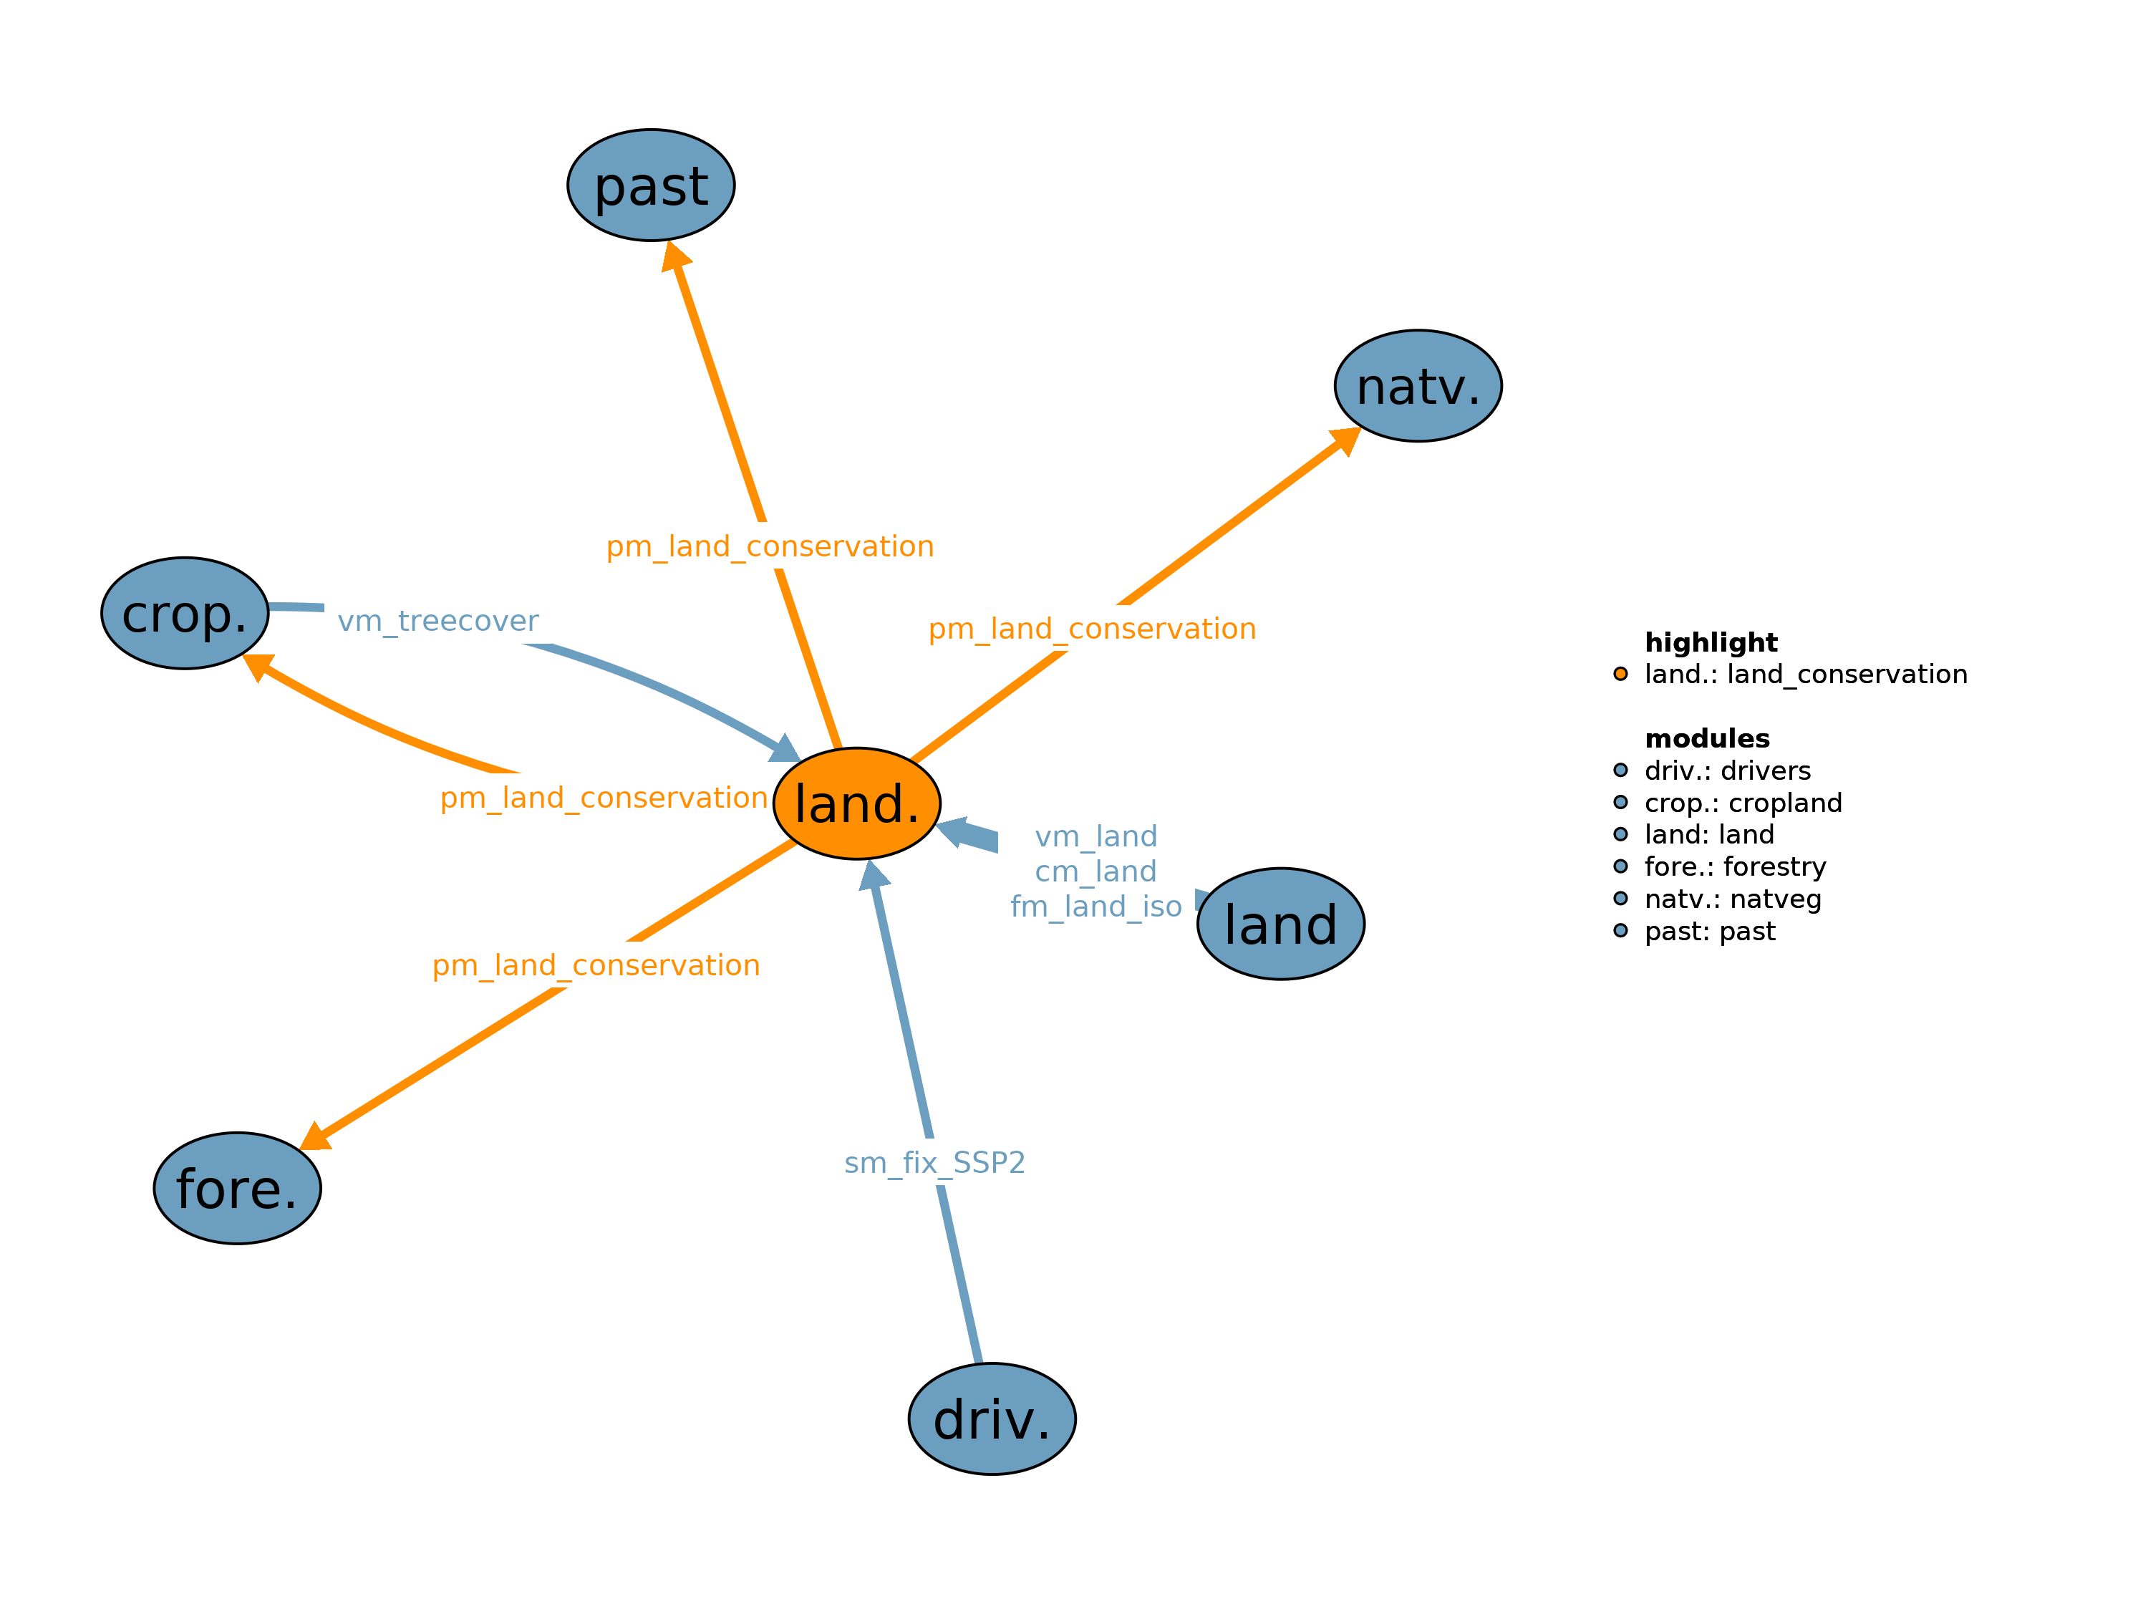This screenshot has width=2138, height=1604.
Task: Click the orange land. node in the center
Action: [856, 803]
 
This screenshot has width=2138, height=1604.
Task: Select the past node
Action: [650, 185]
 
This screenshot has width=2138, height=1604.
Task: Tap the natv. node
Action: [1418, 386]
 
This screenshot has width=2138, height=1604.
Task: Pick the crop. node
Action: [185, 613]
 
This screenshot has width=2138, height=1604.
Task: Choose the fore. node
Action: [237, 1188]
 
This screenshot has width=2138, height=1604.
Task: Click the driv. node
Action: [992, 1419]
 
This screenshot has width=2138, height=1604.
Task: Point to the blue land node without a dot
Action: [1281, 924]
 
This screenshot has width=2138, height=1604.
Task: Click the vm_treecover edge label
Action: [438, 621]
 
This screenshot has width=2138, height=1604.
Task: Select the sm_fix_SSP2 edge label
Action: [934, 1162]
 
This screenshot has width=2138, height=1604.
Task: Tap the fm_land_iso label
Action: [1096, 907]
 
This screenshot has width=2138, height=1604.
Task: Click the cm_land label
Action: [1096, 871]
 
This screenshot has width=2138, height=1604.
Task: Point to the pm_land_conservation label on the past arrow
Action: [770, 546]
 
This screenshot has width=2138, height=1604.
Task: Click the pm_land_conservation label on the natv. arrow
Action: [1092, 629]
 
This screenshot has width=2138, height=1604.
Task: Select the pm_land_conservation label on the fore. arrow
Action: [596, 965]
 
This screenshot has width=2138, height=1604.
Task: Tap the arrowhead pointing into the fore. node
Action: [315, 1137]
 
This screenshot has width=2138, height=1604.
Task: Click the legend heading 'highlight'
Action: [1711, 643]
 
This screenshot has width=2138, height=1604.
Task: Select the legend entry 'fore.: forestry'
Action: [1735, 866]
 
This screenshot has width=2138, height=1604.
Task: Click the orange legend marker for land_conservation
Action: [1621, 674]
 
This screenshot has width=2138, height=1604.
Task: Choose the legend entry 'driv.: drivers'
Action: [1727, 770]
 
